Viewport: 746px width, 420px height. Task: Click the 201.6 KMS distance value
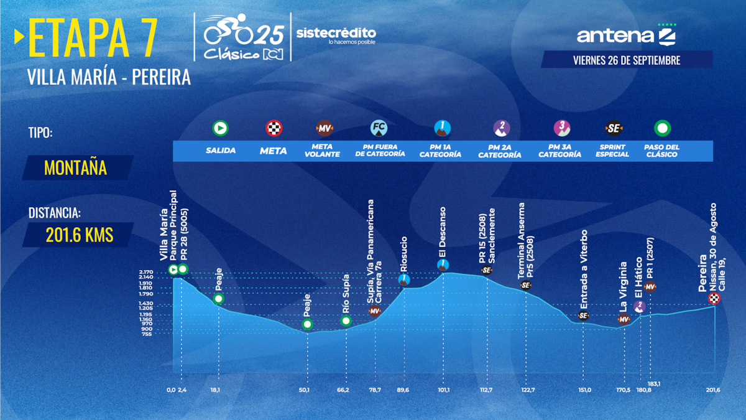tap(79, 235)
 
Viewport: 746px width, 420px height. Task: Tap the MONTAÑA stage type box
tap(75, 167)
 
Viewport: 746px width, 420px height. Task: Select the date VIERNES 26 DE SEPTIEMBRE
tap(627, 60)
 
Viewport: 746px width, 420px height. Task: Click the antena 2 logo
tap(626, 35)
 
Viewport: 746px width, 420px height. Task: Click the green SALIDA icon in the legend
tap(220, 128)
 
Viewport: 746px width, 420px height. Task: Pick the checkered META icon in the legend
tap(274, 128)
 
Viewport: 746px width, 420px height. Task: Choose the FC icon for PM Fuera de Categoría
tap(379, 128)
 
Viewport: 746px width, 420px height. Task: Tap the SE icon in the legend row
tap(612, 128)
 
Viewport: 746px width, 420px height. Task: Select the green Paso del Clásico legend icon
tap(662, 128)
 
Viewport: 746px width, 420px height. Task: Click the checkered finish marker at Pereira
tap(715, 299)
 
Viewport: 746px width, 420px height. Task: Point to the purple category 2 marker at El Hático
tap(640, 306)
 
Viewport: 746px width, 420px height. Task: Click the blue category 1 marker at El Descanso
tap(443, 264)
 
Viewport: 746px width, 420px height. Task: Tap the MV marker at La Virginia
tap(624, 320)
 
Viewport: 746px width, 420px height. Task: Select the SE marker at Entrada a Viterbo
tap(583, 315)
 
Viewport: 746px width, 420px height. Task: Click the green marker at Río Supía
tap(346, 321)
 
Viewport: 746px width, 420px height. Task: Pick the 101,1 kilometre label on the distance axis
tap(443, 390)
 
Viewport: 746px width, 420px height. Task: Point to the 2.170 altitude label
tap(146, 273)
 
